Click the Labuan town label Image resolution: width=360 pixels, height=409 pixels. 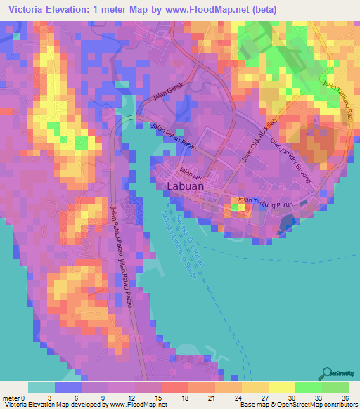click(x=186, y=187)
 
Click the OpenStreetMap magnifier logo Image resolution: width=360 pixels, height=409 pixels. click(x=327, y=374)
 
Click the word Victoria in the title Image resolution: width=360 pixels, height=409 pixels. click(x=26, y=10)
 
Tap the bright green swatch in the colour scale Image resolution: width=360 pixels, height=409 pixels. click(x=309, y=387)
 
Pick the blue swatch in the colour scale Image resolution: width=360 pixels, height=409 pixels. click(x=68, y=387)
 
